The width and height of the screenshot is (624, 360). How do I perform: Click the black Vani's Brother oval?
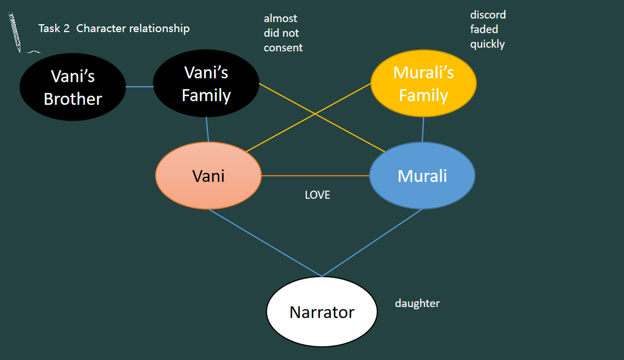coord(73,87)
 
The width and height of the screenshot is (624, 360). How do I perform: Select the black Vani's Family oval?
coord(206,84)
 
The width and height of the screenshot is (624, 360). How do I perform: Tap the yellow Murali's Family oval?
coord(424,84)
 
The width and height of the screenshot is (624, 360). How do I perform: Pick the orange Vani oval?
coord(208,176)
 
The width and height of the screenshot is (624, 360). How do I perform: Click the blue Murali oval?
coord(422,176)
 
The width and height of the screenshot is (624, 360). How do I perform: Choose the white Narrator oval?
coord(322,312)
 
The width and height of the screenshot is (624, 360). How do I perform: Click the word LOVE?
coord(317,195)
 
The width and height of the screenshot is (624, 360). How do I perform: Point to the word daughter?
coord(417,304)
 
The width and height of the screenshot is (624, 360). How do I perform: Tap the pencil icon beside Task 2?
coord(15,33)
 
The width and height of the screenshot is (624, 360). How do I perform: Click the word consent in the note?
coord(283,48)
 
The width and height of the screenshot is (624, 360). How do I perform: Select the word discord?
coord(488,15)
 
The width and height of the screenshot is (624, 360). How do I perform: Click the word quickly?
coord(488,44)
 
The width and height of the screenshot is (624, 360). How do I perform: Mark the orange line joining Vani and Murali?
coord(315,176)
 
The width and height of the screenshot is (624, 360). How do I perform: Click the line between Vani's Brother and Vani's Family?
coord(140,87)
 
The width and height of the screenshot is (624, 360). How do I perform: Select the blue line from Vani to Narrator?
coord(265,243)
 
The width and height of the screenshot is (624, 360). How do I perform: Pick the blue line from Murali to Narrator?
coord(372,243)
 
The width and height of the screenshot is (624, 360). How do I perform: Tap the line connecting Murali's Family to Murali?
coord(423,130)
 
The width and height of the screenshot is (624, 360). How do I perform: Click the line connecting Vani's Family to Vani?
coord(208,130)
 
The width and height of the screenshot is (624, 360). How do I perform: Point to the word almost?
coord(280,19)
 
